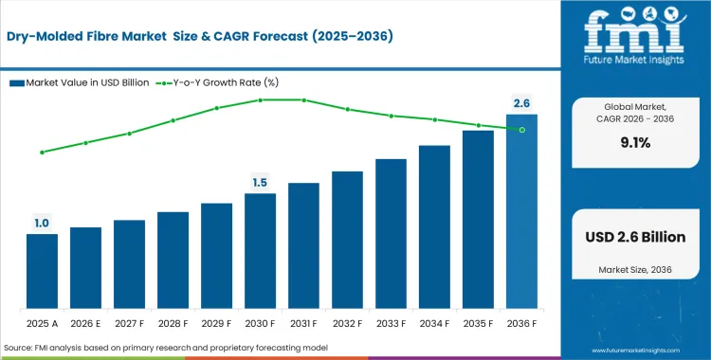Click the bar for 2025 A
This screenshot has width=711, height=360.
pos(42,273)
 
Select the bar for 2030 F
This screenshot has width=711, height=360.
pos(260,252)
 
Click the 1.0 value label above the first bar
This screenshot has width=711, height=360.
pos(42,224)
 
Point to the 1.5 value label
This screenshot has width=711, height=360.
pos(260,182)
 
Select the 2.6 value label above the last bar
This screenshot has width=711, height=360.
pos(521,102)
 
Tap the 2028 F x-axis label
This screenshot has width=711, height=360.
pos(173,325)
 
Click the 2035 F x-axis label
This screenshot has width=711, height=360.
pos(478,325)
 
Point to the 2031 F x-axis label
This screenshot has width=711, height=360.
pos(303,325)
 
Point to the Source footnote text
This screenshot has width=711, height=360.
pos(166,350)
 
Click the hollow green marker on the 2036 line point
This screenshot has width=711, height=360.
pos(521,129)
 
